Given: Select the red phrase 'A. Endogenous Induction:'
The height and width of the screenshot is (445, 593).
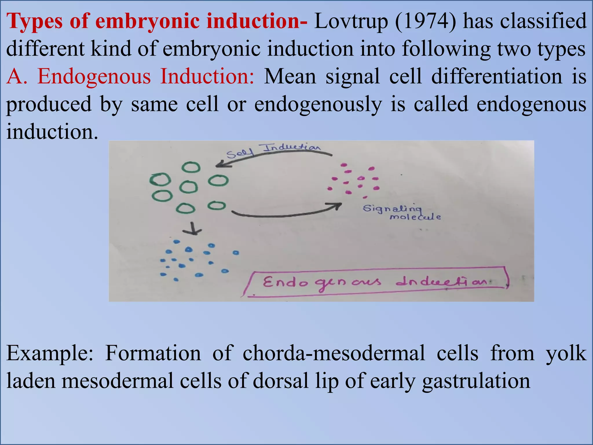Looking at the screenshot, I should point(130,76).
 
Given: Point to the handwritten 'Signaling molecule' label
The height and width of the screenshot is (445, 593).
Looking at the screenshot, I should point(401,212).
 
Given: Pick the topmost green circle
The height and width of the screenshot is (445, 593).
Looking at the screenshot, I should point(191,167).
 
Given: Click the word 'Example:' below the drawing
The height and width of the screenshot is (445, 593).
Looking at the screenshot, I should point(50,353).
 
